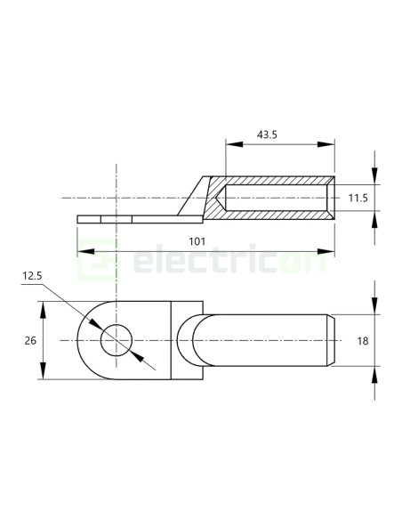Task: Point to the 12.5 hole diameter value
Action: (33, 277)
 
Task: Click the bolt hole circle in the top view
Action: (116, 340)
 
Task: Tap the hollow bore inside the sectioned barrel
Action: (276, 197)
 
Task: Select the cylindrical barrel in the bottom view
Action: (267, 340)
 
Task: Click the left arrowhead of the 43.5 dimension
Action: (230, 145)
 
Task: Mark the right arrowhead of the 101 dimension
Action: (330, 252)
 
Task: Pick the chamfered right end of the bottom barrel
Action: (333, 340)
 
